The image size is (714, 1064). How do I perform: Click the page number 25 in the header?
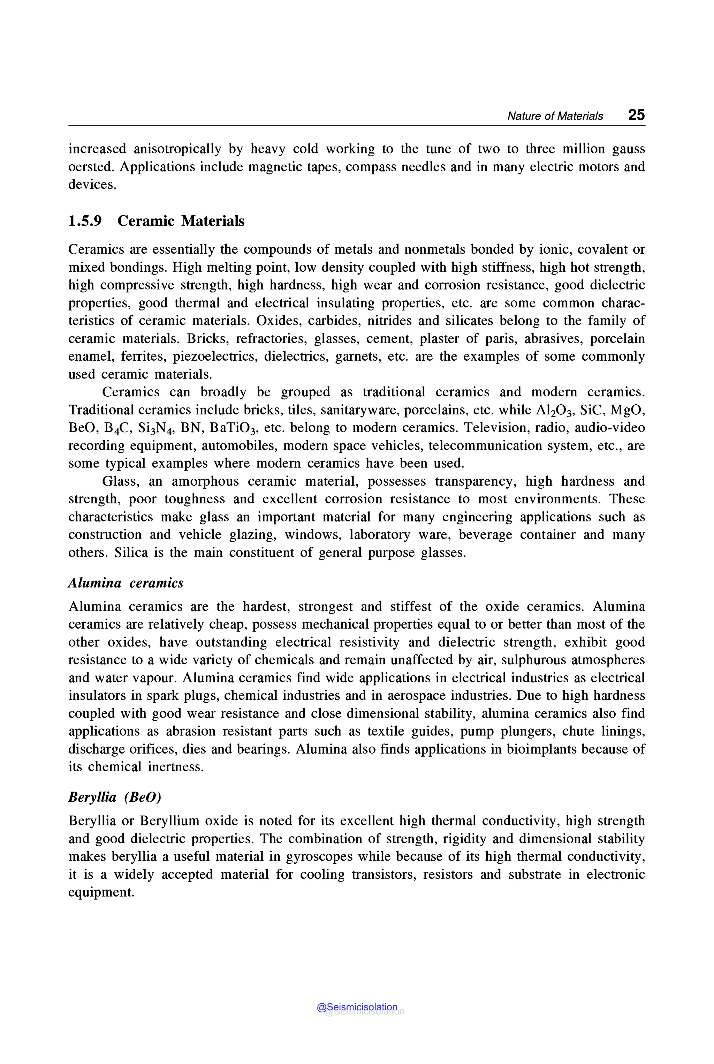coord(636,115)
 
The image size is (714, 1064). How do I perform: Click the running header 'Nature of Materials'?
coord(555,116)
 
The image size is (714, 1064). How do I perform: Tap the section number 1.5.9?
coord(85,221)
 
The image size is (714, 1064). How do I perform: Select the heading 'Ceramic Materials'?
coord(181,221)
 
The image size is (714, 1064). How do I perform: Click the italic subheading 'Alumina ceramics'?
coord(126,583)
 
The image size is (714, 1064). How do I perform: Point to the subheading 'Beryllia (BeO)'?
coord(115,797)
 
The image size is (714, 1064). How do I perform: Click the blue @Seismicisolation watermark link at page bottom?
coord(357,1007)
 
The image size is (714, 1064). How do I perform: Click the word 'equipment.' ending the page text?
coord(101,892)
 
